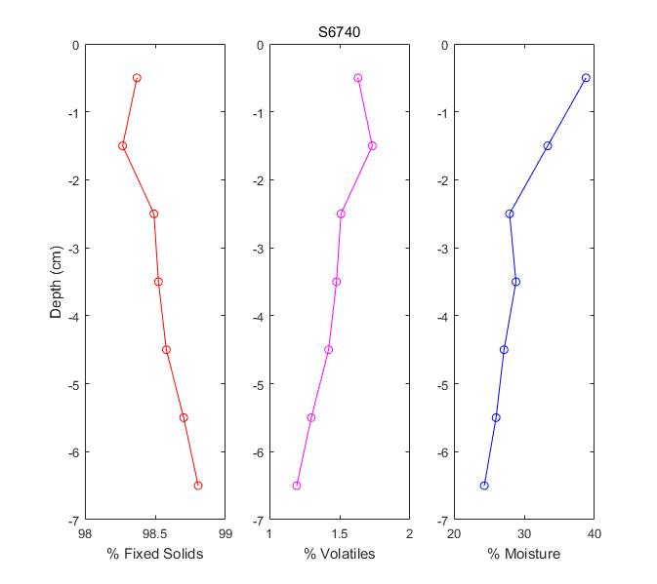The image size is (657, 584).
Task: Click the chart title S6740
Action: point(340,31)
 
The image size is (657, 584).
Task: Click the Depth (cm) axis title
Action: point(57,282)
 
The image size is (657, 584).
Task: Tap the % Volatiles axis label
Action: point(340,554)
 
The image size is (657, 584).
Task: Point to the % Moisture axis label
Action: point(524,554)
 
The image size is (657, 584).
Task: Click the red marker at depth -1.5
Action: point(123,146)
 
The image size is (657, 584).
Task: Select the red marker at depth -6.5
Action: point(198,486)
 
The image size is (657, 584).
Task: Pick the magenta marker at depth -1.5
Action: point(372,146)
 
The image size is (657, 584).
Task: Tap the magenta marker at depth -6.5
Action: point(297,486)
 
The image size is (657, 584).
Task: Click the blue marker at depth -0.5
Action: point(586,78)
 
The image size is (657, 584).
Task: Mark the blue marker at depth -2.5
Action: point(510,214)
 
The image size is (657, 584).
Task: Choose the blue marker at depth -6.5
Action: point(484,486)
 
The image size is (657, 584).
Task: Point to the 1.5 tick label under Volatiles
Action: point(340,533)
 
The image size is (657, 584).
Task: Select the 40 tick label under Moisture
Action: point(594,533)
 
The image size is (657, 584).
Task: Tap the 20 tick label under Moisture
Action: point(454,533)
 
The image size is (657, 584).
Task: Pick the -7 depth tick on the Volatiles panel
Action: point(257,520)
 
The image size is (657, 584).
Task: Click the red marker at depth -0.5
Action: point(137,78)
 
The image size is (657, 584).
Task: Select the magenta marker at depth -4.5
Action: point(329,350)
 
